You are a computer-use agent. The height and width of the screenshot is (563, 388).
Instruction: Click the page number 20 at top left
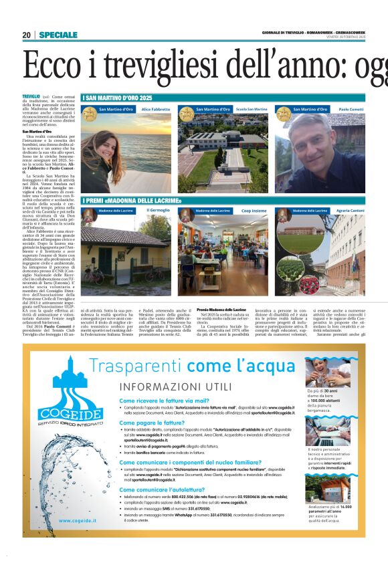pyautogui.click(x=26, y=35)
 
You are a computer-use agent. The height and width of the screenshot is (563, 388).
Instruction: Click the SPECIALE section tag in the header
pyautogui.click(x=58, y=35)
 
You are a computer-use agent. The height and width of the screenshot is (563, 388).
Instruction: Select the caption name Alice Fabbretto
pyautogui.click(x=156, y=109)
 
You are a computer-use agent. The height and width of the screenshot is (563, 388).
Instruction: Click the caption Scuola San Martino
pyautogui.click(x=252, y=109)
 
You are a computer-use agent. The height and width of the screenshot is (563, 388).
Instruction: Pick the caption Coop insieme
pyautogui.click(x=254, y=211)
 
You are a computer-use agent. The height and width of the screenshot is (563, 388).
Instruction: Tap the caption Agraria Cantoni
pyautogui.click(x=351, y=211)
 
